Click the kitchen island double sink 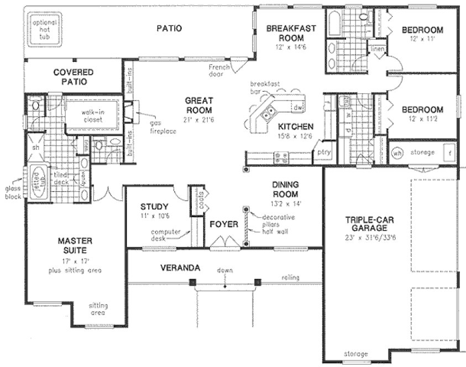click(x=268, y=115)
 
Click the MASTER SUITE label click(x=75, y=246)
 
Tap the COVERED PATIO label click(x=74, y=77)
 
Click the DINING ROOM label click(x=285, y=189)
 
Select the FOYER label click(x=223, y=224)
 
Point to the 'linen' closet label click(x=378, y=49)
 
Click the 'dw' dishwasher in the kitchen click(x=297, y=107)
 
